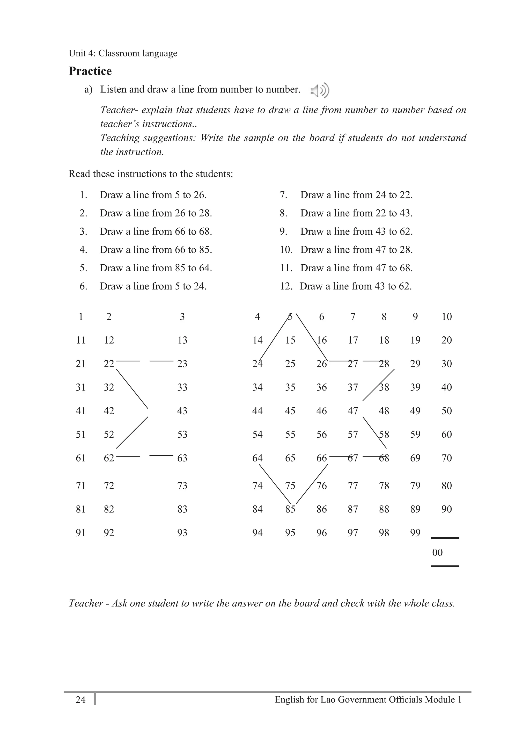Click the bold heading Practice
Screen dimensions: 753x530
pos(90,71)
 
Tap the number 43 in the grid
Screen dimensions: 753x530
pos(182,411)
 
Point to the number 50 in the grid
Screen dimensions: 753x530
pos(446,411)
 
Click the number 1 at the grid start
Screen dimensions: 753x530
pos(81,317)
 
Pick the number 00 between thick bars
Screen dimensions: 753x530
pos(437,553)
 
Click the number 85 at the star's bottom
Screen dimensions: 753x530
pos(290,509)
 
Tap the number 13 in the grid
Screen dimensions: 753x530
pos(182,340)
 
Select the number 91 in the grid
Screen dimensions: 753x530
pos(81,533)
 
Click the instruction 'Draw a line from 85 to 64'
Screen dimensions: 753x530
pos(156,268)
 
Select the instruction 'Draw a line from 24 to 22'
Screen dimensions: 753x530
pos(356,195)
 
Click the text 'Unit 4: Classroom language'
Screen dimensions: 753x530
pos(123,53)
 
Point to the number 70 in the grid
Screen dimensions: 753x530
pos(446,458)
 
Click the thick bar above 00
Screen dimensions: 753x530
pos(445,538)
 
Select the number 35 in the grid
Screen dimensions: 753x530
pos(290,387)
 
